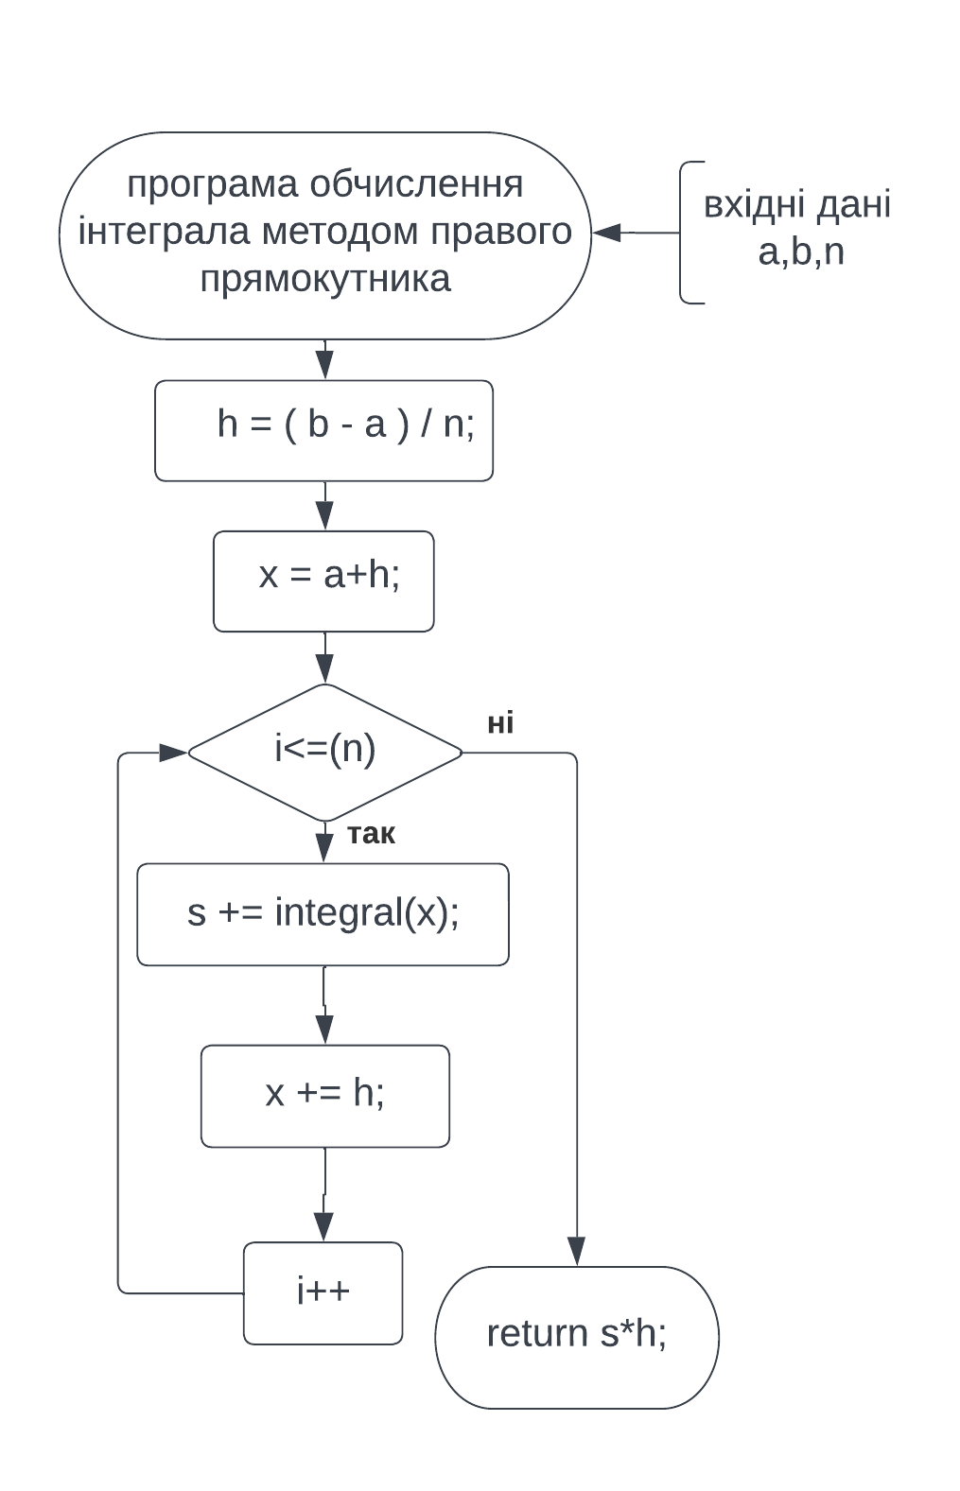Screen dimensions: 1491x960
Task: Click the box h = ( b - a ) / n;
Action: [x=323, y=431]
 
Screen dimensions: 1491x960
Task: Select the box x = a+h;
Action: [x=323, y=581]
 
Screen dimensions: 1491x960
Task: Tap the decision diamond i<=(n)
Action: [x=324, y=752]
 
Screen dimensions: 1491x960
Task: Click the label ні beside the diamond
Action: [x=500, y=723]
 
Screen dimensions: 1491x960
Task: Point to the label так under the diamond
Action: [x=371, y=834]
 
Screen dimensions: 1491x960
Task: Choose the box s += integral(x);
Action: [x=323, y=913]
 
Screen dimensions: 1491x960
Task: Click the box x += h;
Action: [x=324, y=1096]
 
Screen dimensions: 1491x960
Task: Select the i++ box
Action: [x=323, y=1292]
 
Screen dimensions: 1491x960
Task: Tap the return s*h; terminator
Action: [x=576, y=1336]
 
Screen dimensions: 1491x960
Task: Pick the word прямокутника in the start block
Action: [x=324, y=279]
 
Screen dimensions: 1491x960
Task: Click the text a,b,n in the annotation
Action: [x=800, y=252]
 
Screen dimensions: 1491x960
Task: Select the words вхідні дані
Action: [x=796, y=205]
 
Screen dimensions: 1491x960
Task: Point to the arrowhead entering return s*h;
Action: [x=576, y=1251]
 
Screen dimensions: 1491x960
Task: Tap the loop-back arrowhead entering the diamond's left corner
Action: [x=173, y=753]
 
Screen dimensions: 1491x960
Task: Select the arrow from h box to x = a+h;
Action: [x=324, y=507]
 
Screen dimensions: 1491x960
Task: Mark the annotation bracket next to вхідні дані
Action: [x=685, y=233]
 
